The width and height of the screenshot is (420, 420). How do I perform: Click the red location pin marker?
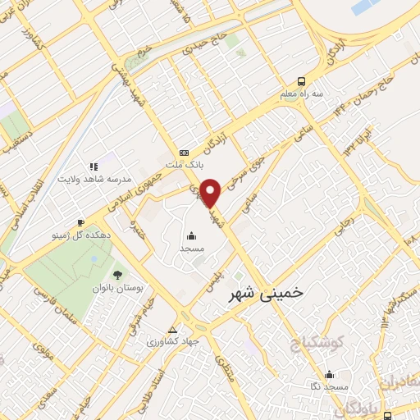(212, 192)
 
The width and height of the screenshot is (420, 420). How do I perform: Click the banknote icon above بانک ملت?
(184, 153)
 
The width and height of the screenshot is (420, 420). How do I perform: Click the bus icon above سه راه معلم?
(302, 81)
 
